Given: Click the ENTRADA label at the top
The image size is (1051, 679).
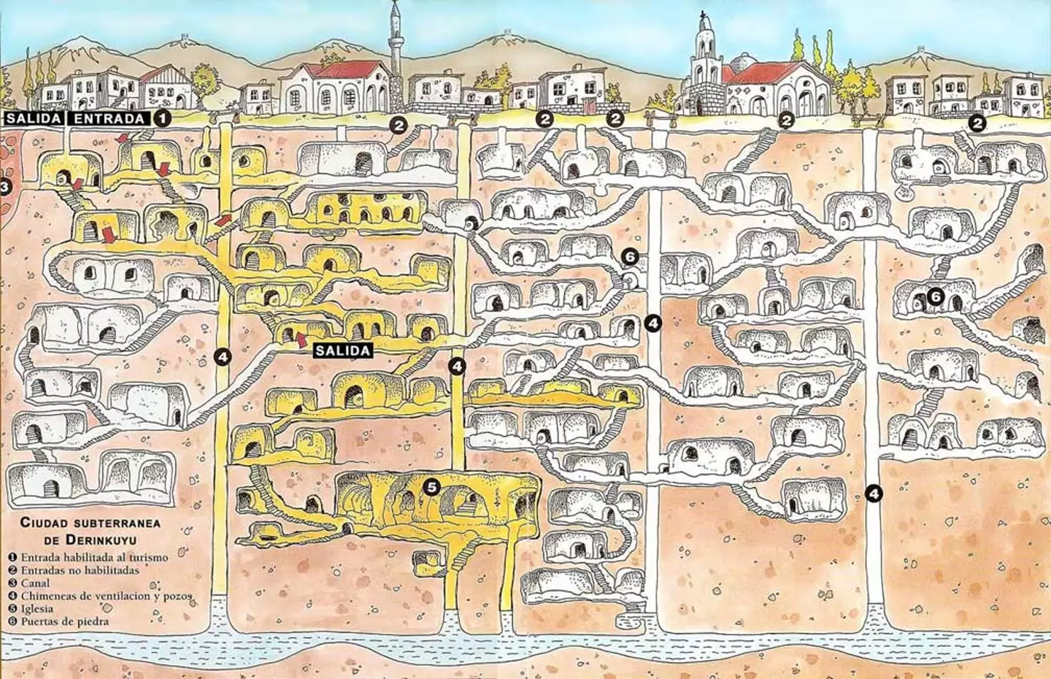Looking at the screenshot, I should [109, 118].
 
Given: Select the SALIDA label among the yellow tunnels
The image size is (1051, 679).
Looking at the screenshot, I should [343, 350].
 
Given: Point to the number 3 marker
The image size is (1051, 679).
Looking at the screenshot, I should [4, 187].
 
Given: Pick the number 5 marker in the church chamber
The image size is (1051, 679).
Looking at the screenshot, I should [432, 487].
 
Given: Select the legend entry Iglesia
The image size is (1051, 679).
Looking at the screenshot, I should [37, 608].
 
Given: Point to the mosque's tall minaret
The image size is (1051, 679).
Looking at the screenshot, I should [395, 44].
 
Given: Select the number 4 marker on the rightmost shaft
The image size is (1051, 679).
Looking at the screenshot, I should [874, 493].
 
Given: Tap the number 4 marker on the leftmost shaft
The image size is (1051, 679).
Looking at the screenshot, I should [223, 356].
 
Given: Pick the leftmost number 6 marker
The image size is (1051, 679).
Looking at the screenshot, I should [631, 256].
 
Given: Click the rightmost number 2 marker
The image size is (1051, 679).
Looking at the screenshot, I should [979, 123].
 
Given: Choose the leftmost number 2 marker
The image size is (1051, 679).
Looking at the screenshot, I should [399, 125].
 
